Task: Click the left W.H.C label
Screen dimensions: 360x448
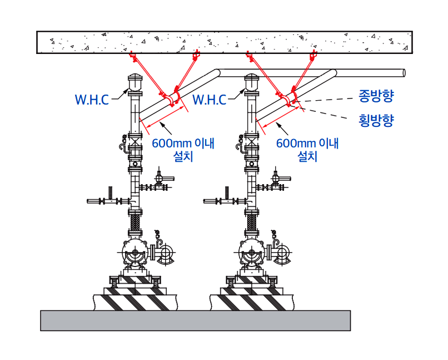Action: pos(93,100)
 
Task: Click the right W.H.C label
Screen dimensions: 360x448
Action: pos(210,100)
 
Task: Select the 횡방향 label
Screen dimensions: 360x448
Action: pos(376,120)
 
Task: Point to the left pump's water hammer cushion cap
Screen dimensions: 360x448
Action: pos(135,82)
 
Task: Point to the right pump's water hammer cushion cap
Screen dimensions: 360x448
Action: pos(252,82)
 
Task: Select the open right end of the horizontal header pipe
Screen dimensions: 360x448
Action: pos(403,72)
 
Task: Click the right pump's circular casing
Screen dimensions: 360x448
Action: pos(252,255)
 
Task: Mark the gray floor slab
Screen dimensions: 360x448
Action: pos(195,320)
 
